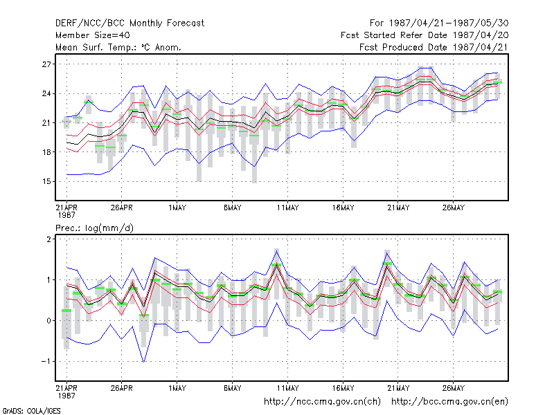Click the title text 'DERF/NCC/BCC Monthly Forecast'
(x=129, y=24)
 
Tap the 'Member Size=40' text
(x=93, y=35)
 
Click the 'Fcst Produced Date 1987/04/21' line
(x=434, y=47)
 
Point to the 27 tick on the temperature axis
(x=46, y=64)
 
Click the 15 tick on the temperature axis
(x=46, y=181)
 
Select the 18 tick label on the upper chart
(x=46, y=152)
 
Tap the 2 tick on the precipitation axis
(x=48, y=239)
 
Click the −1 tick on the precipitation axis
(x=46, y=361)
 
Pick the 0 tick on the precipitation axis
(x=48, y=320)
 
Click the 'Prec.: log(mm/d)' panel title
(x=94, y=228)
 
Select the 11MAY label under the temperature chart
(x=287, y=207)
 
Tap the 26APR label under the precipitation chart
(x=122, y=388)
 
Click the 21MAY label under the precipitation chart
(x=398, y=388)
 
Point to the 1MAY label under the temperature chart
(x=177, y=207)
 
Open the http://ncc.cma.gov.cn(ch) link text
(x=322, y=402)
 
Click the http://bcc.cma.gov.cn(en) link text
(x=449, y=402)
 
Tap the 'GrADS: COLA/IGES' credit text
(x=31, y=411)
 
